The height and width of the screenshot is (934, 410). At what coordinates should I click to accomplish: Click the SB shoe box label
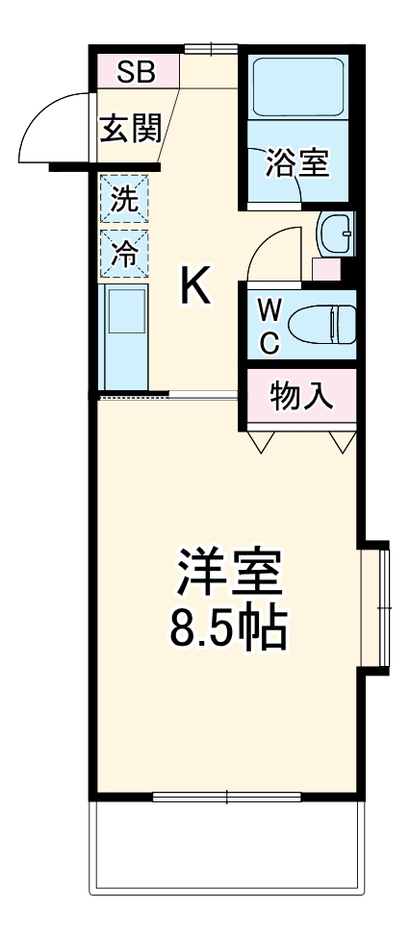tap(139, 69)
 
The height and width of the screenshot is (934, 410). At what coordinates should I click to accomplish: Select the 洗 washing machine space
tap(125, 201)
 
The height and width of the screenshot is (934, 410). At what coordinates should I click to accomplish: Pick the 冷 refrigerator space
tap(125, 254)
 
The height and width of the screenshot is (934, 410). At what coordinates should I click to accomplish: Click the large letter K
tap(195, 285)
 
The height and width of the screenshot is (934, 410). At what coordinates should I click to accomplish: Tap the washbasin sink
tap(336, 233)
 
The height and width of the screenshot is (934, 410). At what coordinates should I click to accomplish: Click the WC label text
tap(271, 327)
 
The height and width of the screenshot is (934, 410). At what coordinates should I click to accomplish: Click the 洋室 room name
tap(227, 574)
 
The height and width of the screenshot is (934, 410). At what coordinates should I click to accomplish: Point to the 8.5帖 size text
tap(227, 628)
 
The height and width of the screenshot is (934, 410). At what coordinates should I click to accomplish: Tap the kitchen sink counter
tap(125, 336)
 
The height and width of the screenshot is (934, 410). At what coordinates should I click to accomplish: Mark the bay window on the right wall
tap(379, 607)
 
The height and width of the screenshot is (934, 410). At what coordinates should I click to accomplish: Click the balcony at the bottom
tap(228, 850)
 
